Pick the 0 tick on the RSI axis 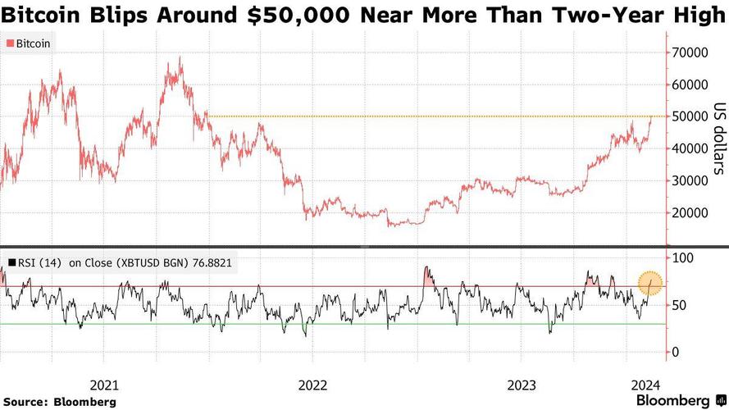click(x=677, y=353)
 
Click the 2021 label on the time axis click(x=104, y=385)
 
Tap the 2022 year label click(x=312, y=385)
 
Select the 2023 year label click(x=522, y=385)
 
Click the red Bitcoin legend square click(x=9, y=43)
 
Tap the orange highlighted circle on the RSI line click(x=650, y=283)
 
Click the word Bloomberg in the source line click(x=84, y=402)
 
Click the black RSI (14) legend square click(x=11, y=262)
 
